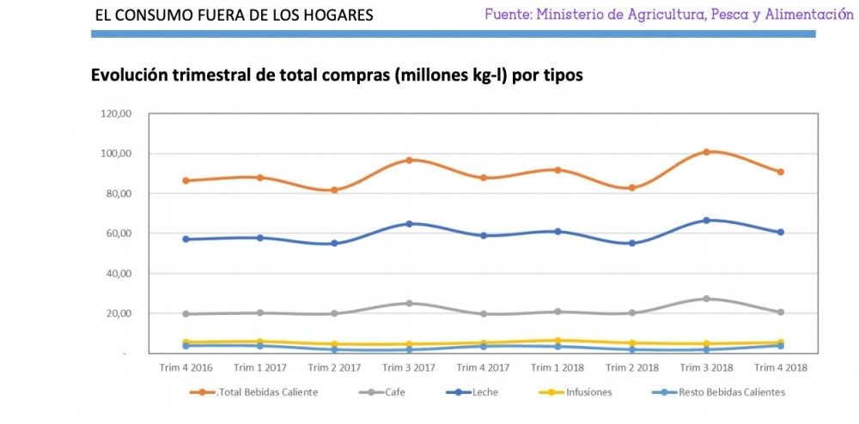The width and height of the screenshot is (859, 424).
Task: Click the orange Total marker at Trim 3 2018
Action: tap(706, 152)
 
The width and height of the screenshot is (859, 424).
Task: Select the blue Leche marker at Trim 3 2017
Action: tap(409, 224)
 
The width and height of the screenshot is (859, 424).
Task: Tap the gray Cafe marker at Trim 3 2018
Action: tap(706, 299)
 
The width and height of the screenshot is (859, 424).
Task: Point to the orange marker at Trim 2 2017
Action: tap(334, 190)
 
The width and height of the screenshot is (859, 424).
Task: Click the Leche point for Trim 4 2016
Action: tap(185, 239)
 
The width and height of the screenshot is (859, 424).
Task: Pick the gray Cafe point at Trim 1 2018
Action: tap(557, 312)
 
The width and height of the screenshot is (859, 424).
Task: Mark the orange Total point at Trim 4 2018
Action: tap(780, 172)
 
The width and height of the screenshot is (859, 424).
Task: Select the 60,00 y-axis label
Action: tap(117, 233)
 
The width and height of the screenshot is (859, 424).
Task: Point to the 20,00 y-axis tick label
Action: tap(117, 313)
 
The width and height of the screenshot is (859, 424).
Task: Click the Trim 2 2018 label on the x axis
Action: tap(631, 367)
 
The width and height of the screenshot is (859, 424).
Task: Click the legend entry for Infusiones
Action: tap(588, 392)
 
